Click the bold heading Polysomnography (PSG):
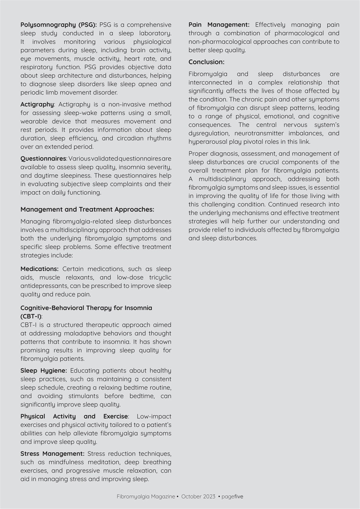pos(58,25)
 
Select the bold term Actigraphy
pos(37,105)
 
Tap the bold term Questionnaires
pos(43,159)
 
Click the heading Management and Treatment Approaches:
pos(87,210)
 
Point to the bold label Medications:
pos(39,269)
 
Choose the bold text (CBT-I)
pos(31,317)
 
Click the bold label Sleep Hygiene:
pos(44,371)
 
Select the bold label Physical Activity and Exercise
pos(74,416)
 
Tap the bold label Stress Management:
pos(52,454)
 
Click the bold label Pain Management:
pos(219,25)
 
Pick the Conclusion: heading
pos(206,62)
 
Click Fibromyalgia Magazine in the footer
pos(145,497)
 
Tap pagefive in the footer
pos(232,497)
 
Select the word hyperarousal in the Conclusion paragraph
pos(207,142)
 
